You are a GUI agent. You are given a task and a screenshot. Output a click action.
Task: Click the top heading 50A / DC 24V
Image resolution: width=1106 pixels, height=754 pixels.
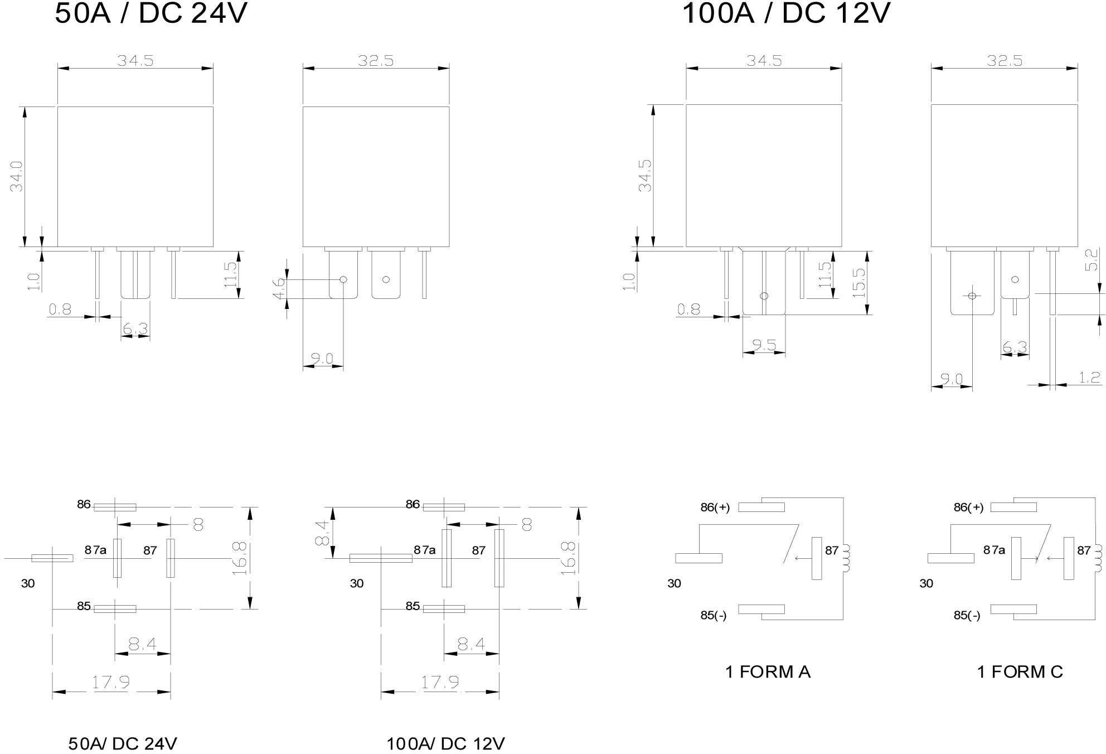point(151,14)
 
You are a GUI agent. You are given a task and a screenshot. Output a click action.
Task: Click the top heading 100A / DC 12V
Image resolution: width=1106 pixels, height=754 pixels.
point(786,14)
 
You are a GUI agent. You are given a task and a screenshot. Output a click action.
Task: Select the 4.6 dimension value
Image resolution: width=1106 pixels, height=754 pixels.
point(279,288)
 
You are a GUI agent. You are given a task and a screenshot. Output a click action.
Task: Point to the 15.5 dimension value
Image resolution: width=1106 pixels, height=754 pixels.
point(859,283)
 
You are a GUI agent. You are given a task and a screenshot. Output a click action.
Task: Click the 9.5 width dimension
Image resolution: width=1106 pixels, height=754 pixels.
point(764,345)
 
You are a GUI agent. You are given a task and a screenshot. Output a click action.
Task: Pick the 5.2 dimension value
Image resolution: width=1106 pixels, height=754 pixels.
point(1092,260)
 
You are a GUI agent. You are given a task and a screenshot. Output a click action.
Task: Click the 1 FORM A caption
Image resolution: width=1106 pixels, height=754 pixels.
point(768,672)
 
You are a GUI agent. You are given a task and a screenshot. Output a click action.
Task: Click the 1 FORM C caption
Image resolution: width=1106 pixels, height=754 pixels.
point(1020,672)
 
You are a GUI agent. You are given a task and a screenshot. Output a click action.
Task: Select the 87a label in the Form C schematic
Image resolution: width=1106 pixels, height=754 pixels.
point(994,550)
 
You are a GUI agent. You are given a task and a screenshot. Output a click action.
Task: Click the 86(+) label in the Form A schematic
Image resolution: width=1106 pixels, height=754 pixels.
point(715,508)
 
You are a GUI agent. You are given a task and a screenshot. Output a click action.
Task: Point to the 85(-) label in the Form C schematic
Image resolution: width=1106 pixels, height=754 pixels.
point(967,616)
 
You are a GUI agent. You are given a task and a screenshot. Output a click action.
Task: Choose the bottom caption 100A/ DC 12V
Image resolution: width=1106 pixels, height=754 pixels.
point(445,743)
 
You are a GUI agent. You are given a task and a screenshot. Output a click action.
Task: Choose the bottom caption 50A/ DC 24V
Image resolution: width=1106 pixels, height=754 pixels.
point(123,743)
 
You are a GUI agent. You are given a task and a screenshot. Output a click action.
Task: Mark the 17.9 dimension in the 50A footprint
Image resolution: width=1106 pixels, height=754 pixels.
point(111,682)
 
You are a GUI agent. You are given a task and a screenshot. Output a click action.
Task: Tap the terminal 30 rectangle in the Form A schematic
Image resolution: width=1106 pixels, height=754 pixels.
point(698,558)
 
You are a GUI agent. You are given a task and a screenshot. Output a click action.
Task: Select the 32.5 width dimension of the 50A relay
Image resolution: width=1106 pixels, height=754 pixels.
point(376,60)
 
